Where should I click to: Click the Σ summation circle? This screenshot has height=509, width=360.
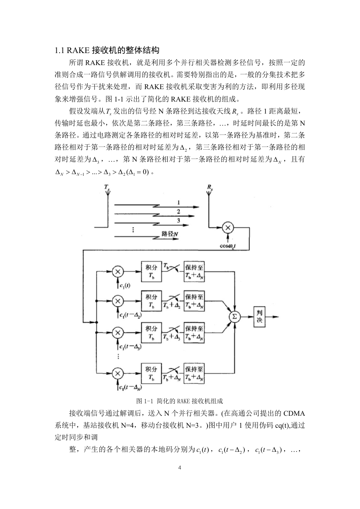(x=234, y=317)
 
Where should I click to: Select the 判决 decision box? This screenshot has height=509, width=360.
(x=259, y=317)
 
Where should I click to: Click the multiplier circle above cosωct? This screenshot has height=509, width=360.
(x=228, y=228)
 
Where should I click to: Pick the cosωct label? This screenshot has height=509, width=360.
(x=228, y=246)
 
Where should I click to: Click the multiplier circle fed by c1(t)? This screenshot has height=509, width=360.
(x=118, y=271)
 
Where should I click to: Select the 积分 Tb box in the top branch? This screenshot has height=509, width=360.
(x=151, y=271)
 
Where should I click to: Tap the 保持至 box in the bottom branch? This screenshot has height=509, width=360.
(x=194, y=373)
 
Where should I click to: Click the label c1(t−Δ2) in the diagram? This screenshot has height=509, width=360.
(x=130, y=315)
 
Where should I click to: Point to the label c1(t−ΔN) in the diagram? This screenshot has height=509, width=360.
(x=130, y=387)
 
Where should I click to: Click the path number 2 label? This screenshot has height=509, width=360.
(x=179, y=211)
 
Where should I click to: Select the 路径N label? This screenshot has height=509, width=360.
(x=170, y=234)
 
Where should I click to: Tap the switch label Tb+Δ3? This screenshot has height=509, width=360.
(x=172, y=337)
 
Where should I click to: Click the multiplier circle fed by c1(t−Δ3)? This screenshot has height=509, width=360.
(x=118, y=333)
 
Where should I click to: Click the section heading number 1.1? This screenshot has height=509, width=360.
(x=60, y=50)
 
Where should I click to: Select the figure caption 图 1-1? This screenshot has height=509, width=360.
(x=145, y=401)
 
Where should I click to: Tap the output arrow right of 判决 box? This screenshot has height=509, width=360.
(x=272, y=317)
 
